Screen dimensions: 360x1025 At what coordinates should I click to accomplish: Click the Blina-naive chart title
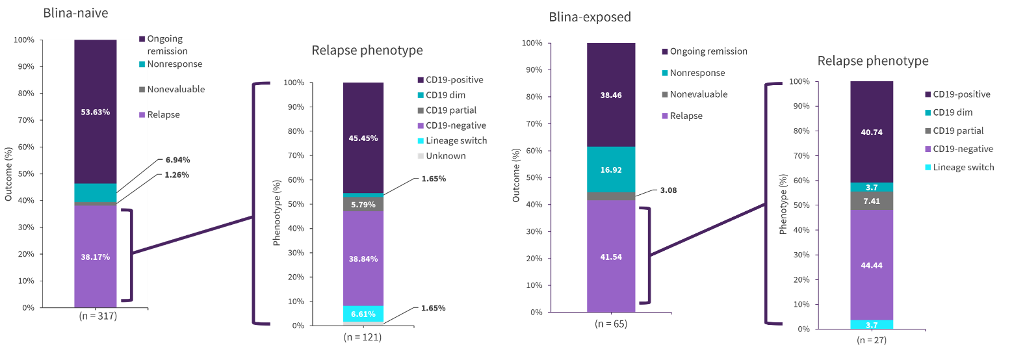[75, 13]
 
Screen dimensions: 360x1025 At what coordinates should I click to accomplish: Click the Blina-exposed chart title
[590, 17]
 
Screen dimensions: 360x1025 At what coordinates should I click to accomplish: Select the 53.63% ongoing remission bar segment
[96, 112]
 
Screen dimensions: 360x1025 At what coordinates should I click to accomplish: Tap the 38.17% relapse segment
[96, 257]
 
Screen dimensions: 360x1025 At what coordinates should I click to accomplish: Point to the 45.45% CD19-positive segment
[363, 138]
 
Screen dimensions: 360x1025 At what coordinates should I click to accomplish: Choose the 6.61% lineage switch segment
[363, 314]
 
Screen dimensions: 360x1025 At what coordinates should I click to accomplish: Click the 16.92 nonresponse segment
[611, 170]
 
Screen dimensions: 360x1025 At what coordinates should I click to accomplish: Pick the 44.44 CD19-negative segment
[872, 265]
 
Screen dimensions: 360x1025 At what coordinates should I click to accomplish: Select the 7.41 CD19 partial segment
[872, 201]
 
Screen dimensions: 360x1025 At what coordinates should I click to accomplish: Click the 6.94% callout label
[177, 160]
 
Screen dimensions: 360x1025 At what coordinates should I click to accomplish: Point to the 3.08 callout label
[668, 190]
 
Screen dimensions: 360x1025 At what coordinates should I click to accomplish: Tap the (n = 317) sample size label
[98, 316]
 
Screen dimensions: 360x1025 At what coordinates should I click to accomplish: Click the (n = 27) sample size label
[872, 340]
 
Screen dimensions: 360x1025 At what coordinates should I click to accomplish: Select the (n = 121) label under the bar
[363, 337]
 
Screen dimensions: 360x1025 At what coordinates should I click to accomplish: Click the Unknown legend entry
[445, 156]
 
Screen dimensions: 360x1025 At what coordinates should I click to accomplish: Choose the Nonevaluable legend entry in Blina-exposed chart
[698, 94]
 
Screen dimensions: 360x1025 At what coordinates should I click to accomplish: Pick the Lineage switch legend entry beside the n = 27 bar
[963, 167]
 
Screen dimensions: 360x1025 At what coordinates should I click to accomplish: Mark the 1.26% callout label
[177, 175]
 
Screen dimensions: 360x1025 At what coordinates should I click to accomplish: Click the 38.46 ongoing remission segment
[611, 95]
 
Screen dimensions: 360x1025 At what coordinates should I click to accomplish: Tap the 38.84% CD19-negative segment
[363, 259]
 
